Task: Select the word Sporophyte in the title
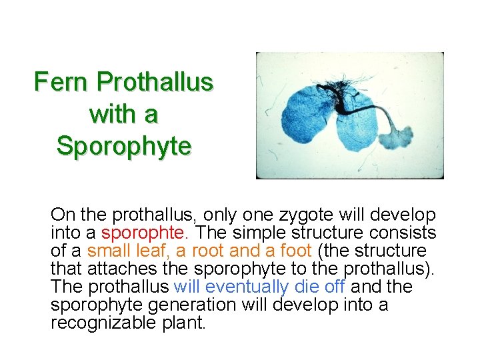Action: coord(124,145)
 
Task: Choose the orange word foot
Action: coord(295,251)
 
